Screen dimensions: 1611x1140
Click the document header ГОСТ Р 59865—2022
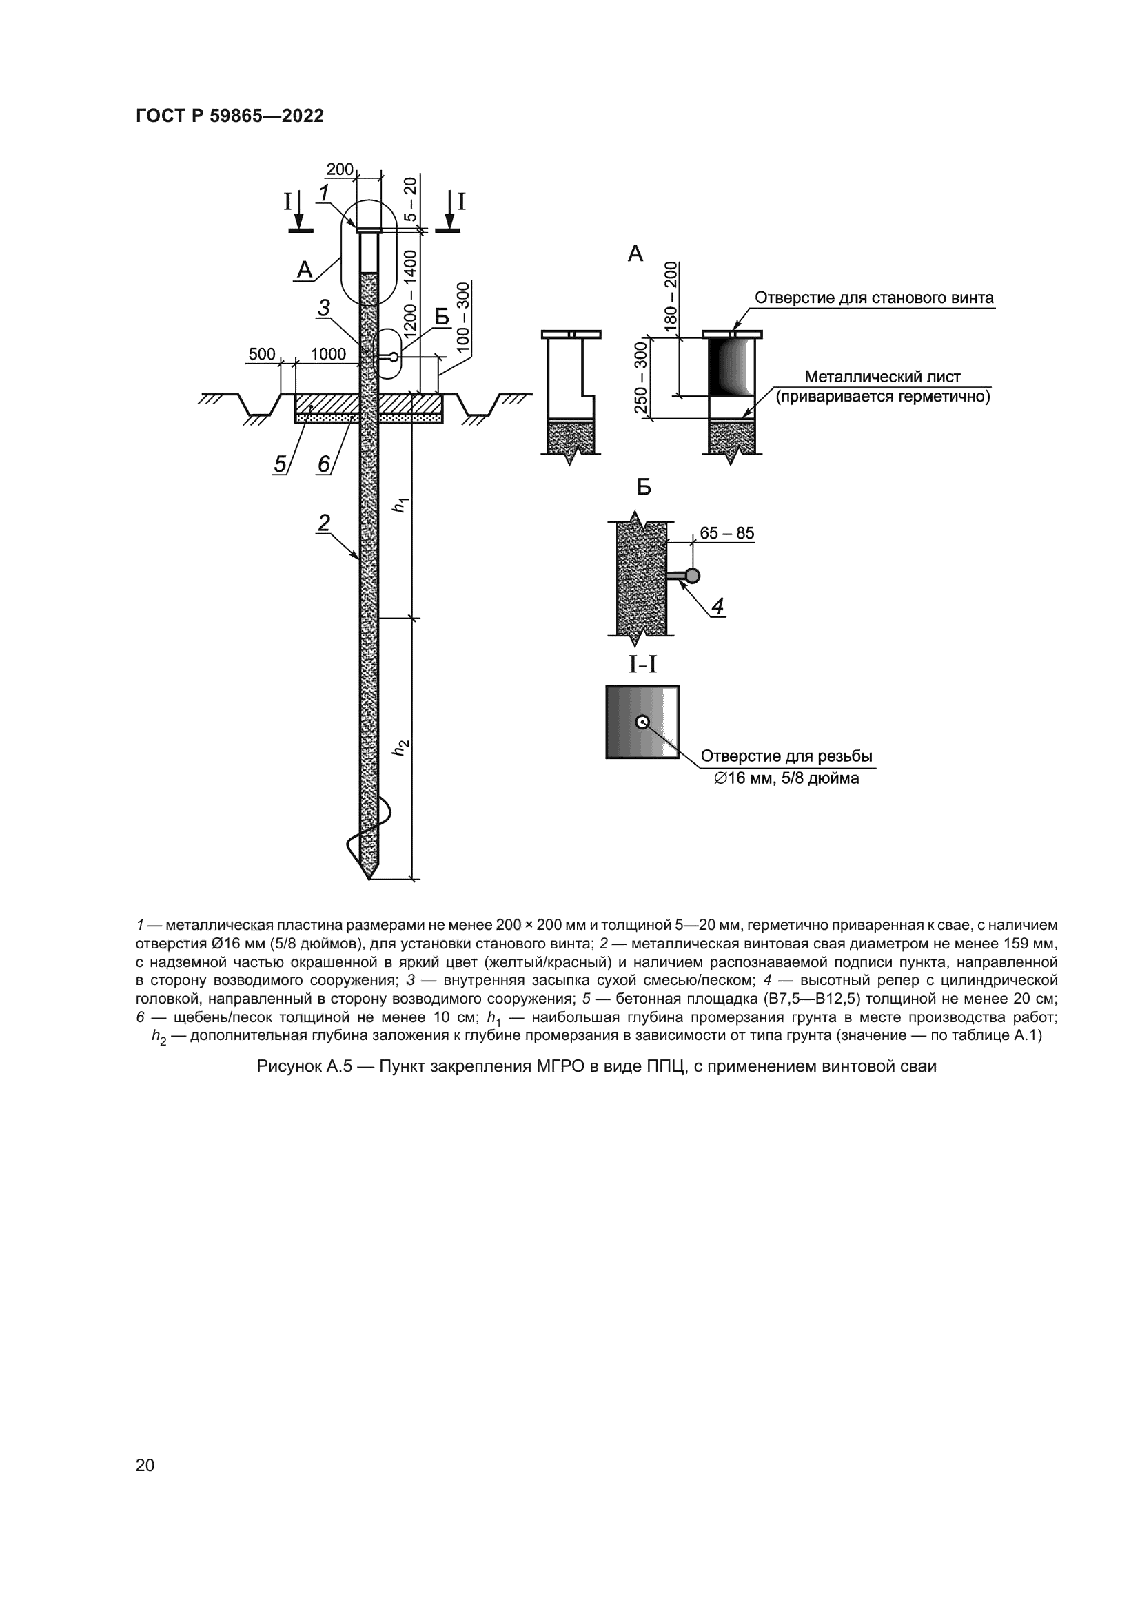[230, 116]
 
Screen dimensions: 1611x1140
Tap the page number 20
[145, 1465]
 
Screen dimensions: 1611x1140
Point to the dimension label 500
[262, 354]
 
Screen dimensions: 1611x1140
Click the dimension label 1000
[328, 354]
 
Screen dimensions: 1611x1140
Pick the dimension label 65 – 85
[726, 533]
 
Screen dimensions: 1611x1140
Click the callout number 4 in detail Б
[717, 606]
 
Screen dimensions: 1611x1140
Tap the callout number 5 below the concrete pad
[280, 464]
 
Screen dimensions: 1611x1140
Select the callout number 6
[324, 464]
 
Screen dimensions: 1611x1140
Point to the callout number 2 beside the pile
[324, 523]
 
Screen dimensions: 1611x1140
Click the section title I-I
[642, 664]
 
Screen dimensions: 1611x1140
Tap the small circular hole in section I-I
[642, 722]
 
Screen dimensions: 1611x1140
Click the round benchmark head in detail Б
[693, 576]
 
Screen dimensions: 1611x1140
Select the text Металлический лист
[882, 377]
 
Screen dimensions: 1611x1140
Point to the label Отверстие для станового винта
[874, 298]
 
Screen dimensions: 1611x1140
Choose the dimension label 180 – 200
[671, 296]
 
